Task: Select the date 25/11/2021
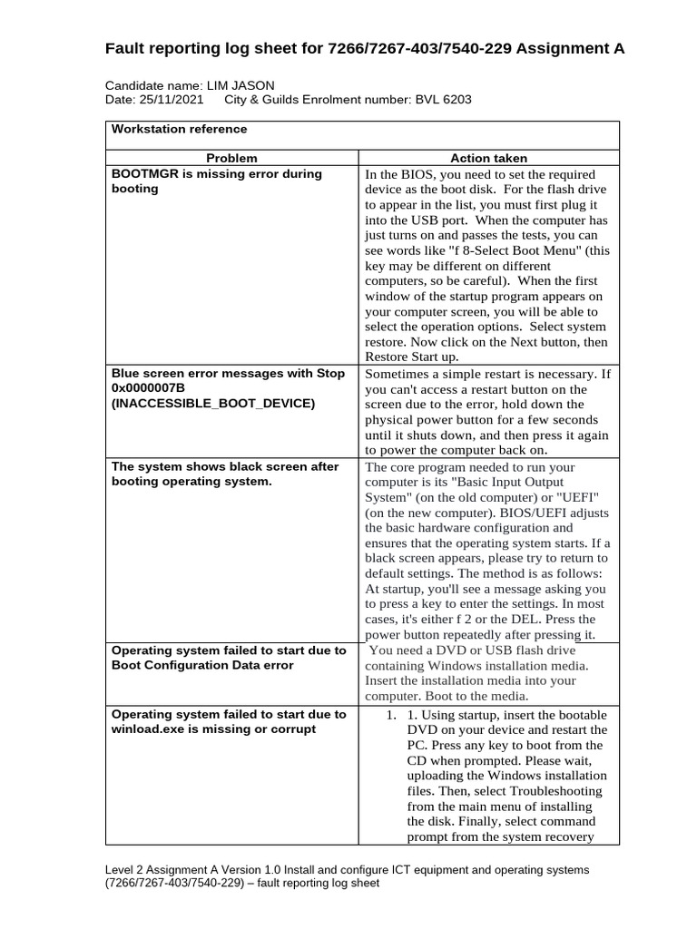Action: click(172, 98)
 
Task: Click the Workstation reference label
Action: click(179, 130)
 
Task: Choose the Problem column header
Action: click(231, 158)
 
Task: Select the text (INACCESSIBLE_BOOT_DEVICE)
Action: click(212, 403)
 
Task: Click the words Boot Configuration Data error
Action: click(202, 665)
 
